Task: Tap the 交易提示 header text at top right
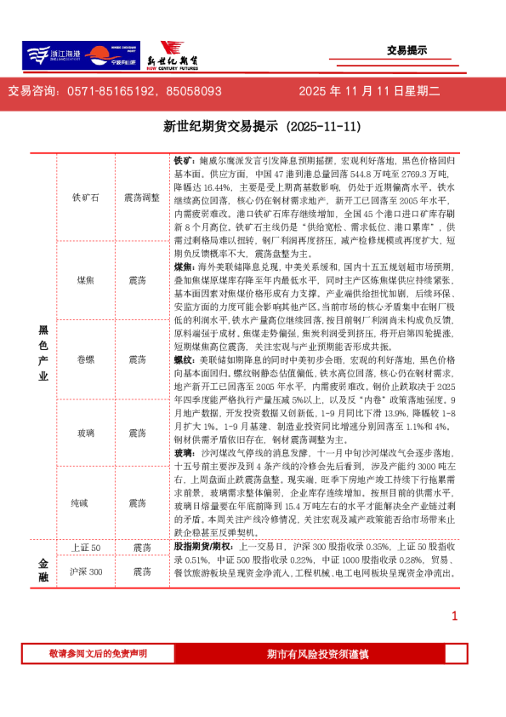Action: coord(407,50)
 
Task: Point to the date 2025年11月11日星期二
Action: coord(369,90)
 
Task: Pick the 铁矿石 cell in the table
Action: coord(86,197)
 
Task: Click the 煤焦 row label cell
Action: coord(86,278)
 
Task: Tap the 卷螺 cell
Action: coord(86,359)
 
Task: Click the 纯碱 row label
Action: coord(86,503)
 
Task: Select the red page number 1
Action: coord(455,616)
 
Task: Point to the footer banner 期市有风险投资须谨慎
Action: coord(317,653)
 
